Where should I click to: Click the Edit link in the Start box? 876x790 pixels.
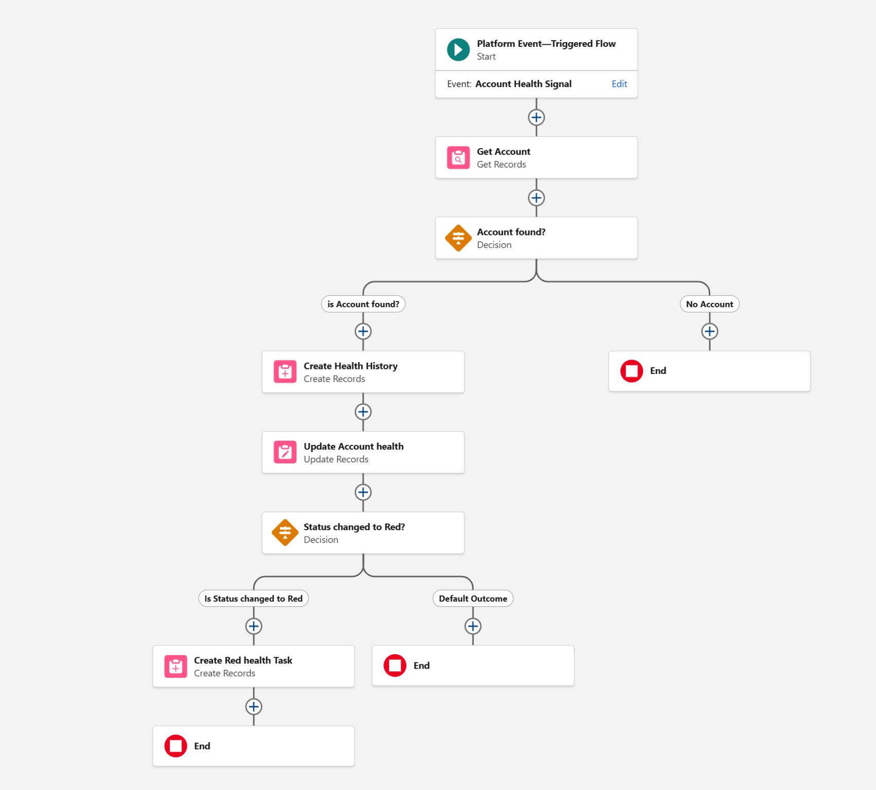[619, 84]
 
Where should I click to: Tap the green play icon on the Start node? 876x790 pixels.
[458, 50]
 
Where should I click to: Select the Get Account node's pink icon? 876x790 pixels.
[458, 158]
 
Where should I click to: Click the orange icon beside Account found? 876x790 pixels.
[458, 238]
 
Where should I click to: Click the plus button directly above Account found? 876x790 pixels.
[536, 198]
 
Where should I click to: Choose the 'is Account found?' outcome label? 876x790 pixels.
[363, 304]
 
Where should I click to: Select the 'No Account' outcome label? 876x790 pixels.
[709, 304]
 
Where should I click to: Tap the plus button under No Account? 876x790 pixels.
[710, 331]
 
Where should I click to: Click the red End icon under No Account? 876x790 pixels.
[632, 371]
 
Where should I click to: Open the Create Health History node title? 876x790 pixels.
[351, 366]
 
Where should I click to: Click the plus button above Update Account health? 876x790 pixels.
[363, 412]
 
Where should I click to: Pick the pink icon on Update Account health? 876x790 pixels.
[285, 452]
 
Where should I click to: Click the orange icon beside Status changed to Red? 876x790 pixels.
[285, 533]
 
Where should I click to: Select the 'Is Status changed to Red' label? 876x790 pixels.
[254, 599]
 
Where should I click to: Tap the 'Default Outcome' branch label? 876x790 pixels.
[473, 599]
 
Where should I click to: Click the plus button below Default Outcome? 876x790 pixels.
[473, 626]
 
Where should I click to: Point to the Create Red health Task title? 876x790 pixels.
[243, 660]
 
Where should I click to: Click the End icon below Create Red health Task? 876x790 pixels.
[176, 746]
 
